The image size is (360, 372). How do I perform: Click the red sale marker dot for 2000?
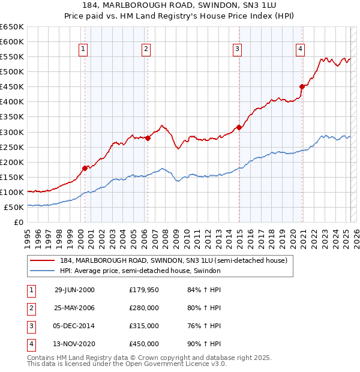pyautogui.click(x=85, y=168)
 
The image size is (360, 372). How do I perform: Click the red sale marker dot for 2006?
pyautogui.click(x=148, y=138)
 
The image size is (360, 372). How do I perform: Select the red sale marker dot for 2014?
pyautogui.click(x=239, y=127)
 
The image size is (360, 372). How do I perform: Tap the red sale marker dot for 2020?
pyautogui.click(x=302, y=86)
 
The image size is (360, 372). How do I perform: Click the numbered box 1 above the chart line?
pyautogui.click(x=82, y=50)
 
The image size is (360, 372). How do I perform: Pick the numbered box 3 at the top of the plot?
pyautogui.click(x=238, y=50)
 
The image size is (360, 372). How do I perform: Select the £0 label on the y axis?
pyautogui.click(x=18, y=222)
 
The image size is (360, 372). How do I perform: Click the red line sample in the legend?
pyautogui.click(x=43, y=261)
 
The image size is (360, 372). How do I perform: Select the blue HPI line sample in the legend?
pyautogui.click(x=43, y=271)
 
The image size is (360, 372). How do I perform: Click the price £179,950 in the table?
pyautogui.click(x=144, y=290)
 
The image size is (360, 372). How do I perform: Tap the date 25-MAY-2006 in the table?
pyautogui.click(x=75, y=308)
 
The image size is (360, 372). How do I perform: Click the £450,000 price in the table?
pyautogui.click(x=144, y=344)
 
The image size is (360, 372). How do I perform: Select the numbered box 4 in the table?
pyautogui.click(x=30, y=344)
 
